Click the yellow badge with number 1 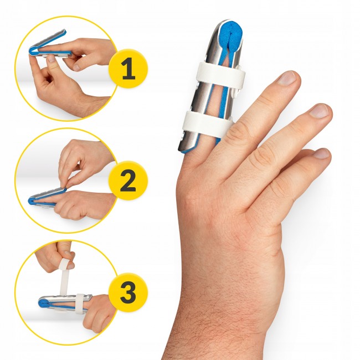pyautogui.click(x=128, y=69)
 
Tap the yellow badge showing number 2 pyautogui.click(x=128, y=181)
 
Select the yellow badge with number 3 pyautogui.click(x=128, y=292)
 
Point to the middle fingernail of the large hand pyautogui.click(x=287, y=78)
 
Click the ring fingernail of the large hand pyautogui.click(x=320, y=111)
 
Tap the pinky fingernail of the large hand pyautogui.click(x=322, y=153)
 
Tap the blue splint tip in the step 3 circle pyautogui.click(x=43, y=302)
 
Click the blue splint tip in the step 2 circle pyautogui.click(x=32, y=201)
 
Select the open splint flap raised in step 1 pyautogui.click(x=49, y=39)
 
